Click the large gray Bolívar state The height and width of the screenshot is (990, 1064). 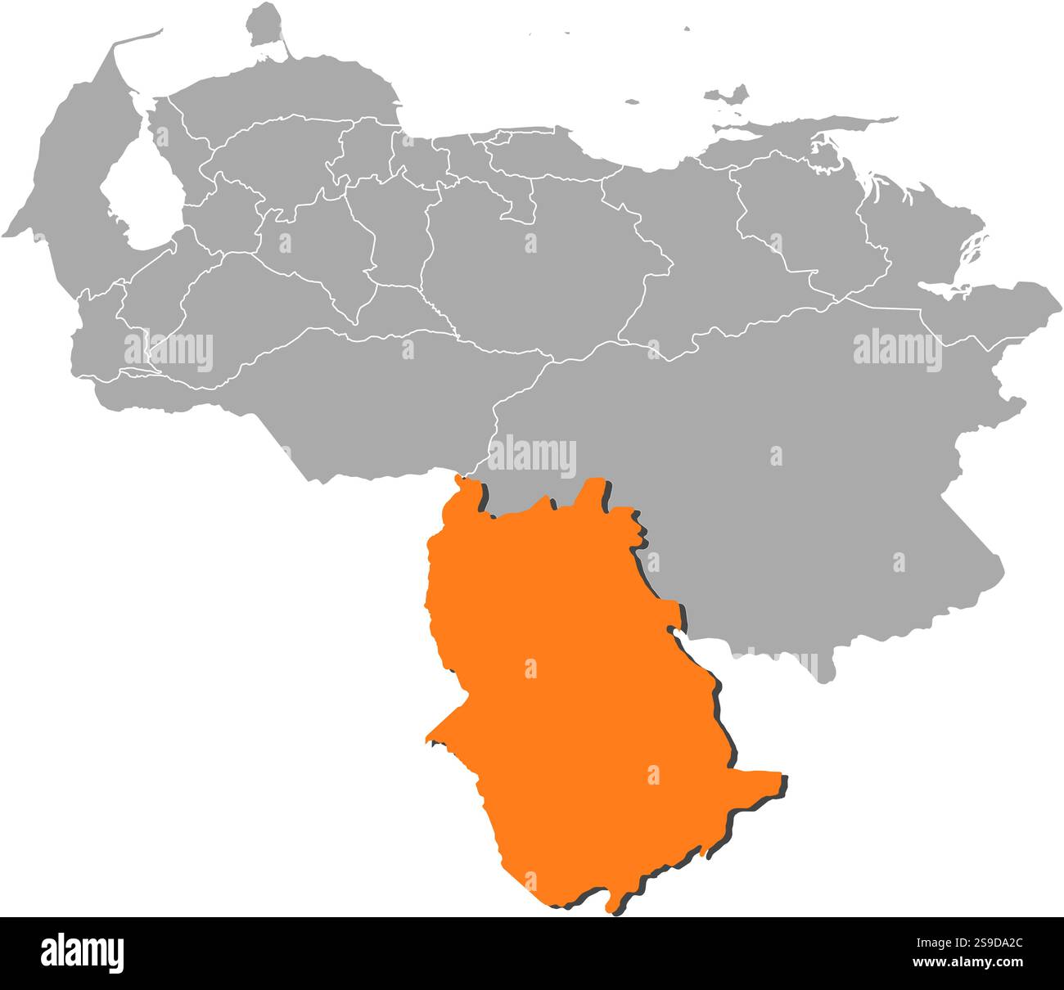pos(778,458)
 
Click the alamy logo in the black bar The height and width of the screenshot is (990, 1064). pos(82,953)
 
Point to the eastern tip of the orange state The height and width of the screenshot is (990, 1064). pos(782,776)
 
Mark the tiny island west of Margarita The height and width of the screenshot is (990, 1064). pos(631,102)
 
